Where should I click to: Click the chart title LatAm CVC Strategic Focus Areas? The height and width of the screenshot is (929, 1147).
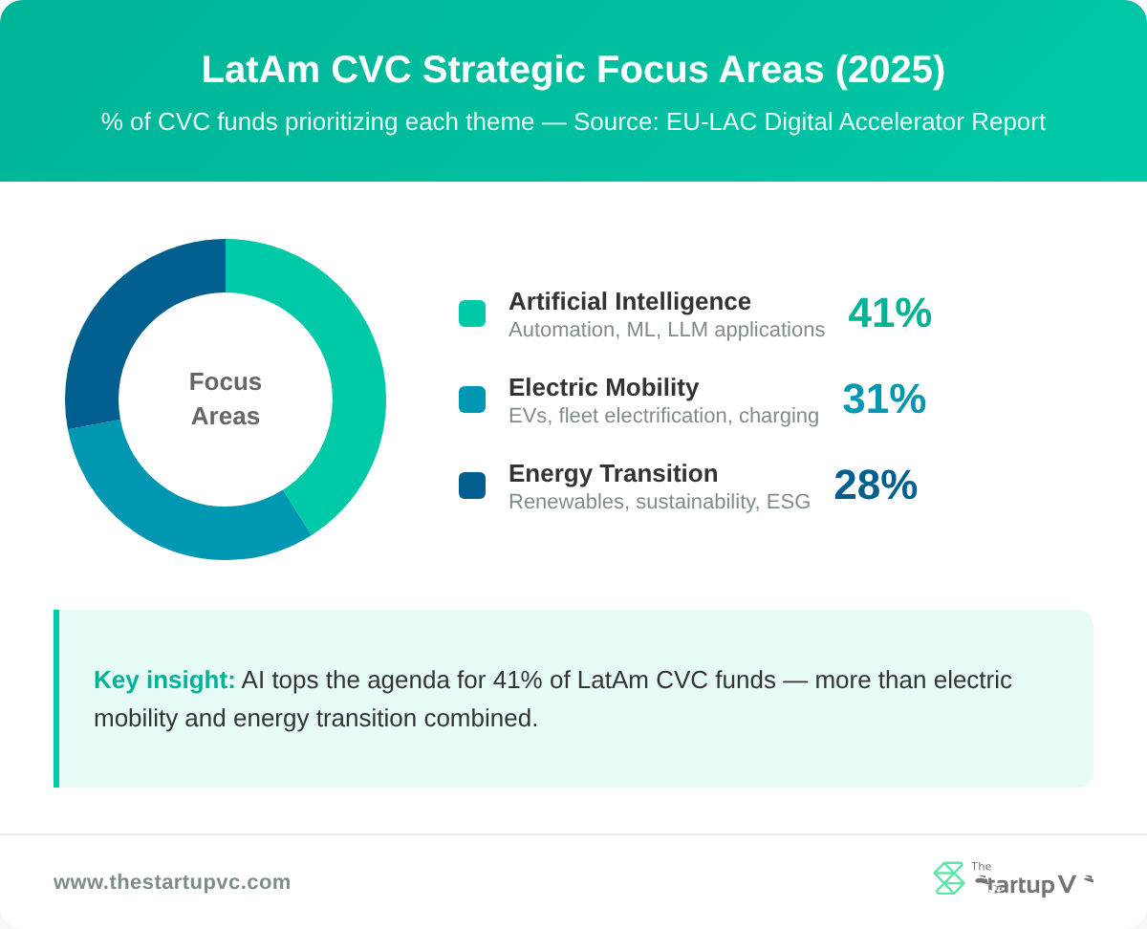(573, 70)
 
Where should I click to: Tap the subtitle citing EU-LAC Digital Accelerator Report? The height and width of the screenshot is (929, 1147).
(573, 122)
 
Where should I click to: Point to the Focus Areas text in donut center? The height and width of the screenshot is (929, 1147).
(226, 399)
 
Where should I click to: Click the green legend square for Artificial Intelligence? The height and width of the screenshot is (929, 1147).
(472, 313)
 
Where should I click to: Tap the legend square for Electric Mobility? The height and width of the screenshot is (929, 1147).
(472, 400)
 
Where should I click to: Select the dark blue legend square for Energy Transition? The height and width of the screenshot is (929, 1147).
(472, 486)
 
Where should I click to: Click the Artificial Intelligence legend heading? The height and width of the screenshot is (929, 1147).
(629, 302)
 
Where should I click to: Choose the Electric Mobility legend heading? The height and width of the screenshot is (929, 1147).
(603, 388)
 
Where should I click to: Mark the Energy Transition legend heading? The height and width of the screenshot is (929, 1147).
(613, 474)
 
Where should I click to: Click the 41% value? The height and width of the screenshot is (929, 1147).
(889, 313)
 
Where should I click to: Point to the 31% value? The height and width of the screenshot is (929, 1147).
(883, 400)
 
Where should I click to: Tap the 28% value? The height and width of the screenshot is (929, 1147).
(875, 486)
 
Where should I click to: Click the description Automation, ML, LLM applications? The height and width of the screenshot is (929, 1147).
(666, 330)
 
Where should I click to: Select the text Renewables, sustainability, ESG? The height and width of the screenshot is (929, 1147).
(659, 502)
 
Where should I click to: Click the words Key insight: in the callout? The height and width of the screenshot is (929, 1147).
(164, 681)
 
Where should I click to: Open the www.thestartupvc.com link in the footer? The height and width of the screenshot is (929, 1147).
(172, 882)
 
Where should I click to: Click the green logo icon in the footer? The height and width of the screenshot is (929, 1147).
(948, 878)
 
